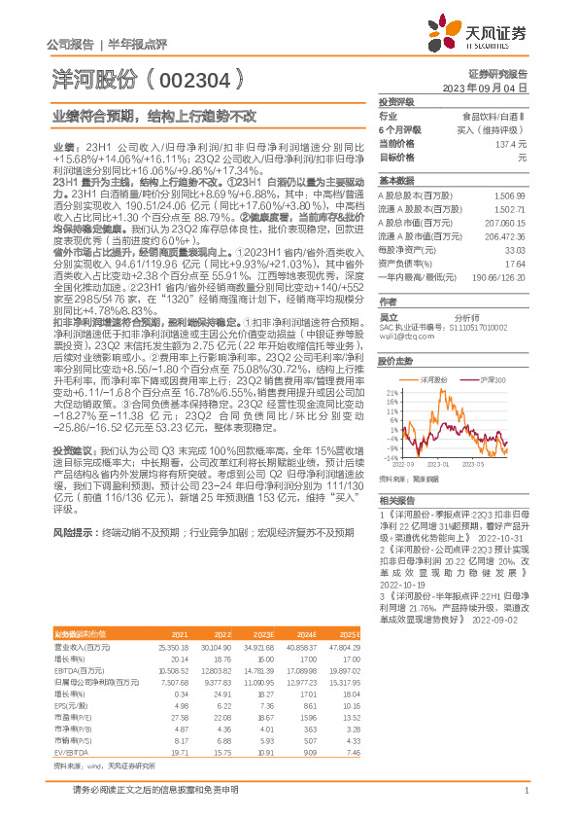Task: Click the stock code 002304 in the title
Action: point(202,75)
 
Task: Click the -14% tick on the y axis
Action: point(390,456)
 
